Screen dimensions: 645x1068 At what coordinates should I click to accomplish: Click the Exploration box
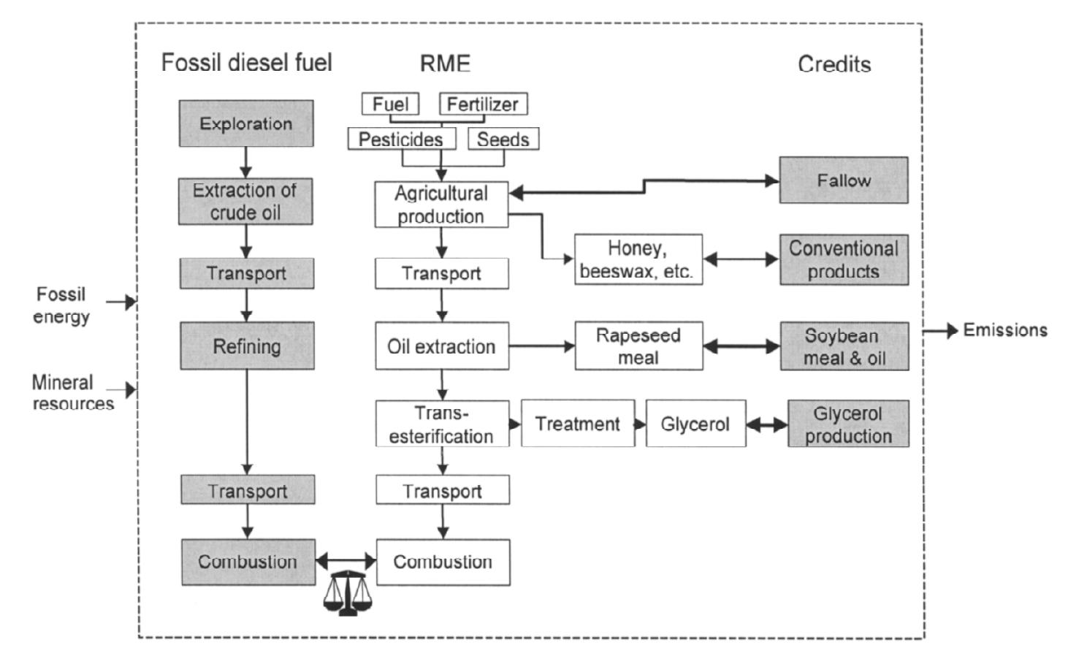246,123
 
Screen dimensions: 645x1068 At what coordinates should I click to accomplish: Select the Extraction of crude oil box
245,202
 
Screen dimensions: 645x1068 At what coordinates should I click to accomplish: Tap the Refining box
247,346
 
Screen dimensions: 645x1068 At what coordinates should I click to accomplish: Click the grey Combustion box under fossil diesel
248,562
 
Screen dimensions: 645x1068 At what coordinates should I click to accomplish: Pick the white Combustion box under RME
443,562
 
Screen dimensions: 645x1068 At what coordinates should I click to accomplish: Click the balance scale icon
346,593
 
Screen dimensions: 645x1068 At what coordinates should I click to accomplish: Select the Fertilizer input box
483,104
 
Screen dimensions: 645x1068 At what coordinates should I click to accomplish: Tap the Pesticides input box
401,139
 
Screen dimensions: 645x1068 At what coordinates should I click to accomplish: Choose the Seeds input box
503,139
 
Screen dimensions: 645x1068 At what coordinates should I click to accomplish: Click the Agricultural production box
441,205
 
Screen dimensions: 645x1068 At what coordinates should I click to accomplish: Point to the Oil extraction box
441,346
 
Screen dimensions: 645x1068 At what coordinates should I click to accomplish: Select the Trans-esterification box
442,424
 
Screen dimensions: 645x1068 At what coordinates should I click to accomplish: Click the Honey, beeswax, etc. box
638,259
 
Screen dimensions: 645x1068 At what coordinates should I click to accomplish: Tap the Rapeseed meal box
638,346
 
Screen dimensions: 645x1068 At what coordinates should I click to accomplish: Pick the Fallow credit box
844,180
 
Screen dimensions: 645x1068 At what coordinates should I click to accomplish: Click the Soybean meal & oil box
844,346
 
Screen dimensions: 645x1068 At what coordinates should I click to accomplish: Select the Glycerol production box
848,424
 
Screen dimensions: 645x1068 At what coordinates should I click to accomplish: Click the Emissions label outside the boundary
1005,330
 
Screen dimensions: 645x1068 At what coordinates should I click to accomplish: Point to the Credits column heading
834,64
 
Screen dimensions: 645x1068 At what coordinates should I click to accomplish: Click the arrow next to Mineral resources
124,390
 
